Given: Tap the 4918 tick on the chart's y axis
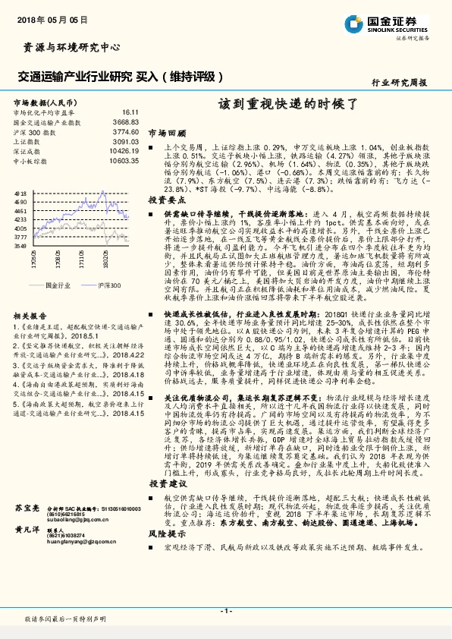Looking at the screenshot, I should (x=20, y=194).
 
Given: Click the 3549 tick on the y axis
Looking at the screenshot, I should (x=20, y=246).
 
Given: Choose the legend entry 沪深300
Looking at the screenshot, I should (x=108, y=285).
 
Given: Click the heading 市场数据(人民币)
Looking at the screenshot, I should (x=43, y=101).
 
